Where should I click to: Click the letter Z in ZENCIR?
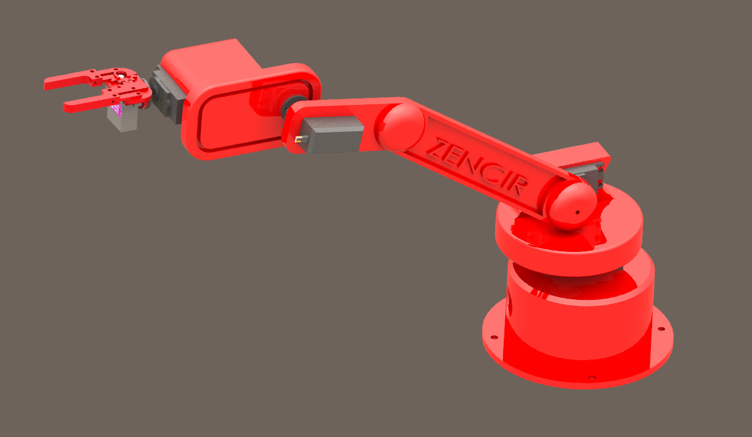click(x=434, y=146)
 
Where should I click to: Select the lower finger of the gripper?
click(x=85, y=103)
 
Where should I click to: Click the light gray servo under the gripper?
click(x=123, y=119)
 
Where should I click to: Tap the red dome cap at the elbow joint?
click(x=403, y=127)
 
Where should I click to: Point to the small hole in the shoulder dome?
click(x=577, y=212)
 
